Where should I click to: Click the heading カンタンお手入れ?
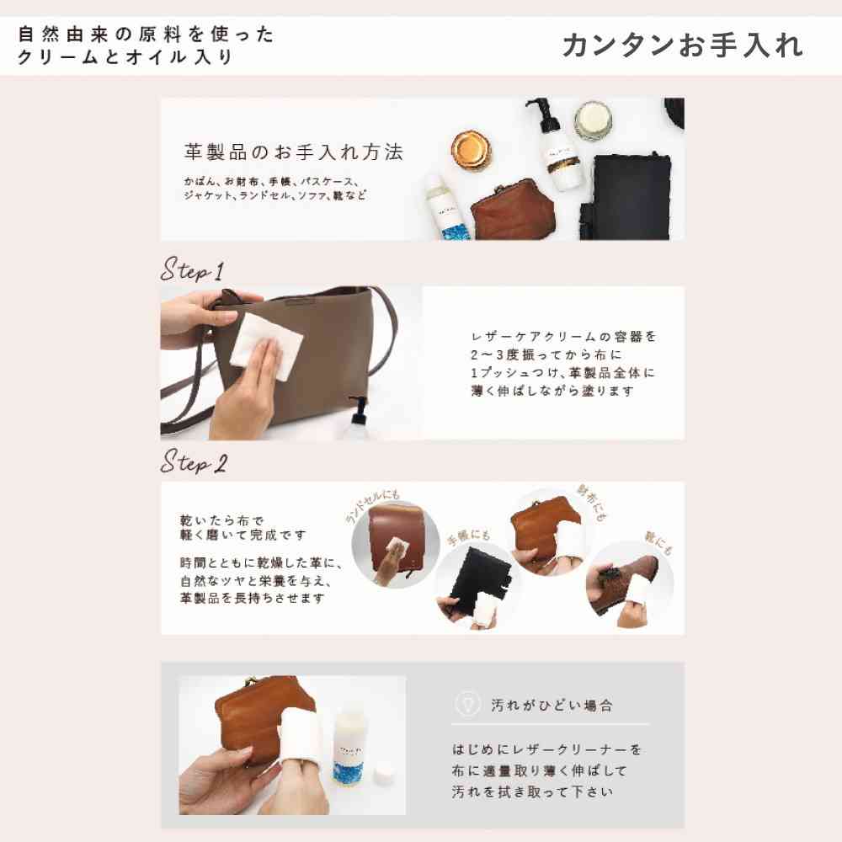click(683, 45)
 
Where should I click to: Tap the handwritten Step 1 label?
click(193, 269)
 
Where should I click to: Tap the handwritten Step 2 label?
click(195, 461)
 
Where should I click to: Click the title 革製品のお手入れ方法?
click(293, 152)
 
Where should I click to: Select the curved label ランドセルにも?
click(373, 506)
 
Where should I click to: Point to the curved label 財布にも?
click(591, 503)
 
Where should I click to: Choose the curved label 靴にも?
click(658, 543)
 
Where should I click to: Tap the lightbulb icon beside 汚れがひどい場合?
click(467, 704)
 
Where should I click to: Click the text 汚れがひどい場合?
click(552, 705)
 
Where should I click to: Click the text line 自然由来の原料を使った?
click(146, 35)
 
